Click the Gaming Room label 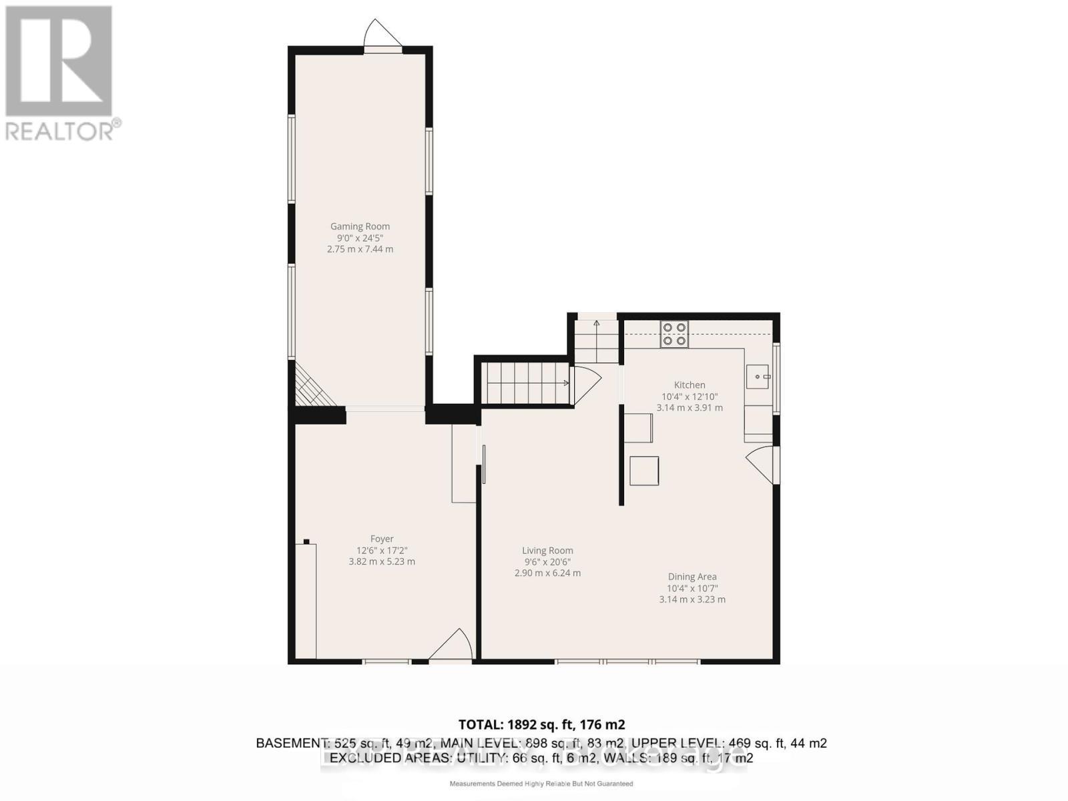coord(360,226)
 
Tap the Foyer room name coord(382,539)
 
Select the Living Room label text coord(547,551)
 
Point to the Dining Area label coord(692,577)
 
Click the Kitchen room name coord(690,385)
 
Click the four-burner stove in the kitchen coord(674,334)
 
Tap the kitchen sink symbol coord(758,377)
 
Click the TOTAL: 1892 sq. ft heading coord(541,724)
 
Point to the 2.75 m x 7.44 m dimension coord(360,249)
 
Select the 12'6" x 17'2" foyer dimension coord(382,551)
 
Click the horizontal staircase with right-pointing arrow coord(527,383)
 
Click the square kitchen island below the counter coord(644,471)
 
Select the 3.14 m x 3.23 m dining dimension coord(692,599)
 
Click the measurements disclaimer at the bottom coord(541,784)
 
